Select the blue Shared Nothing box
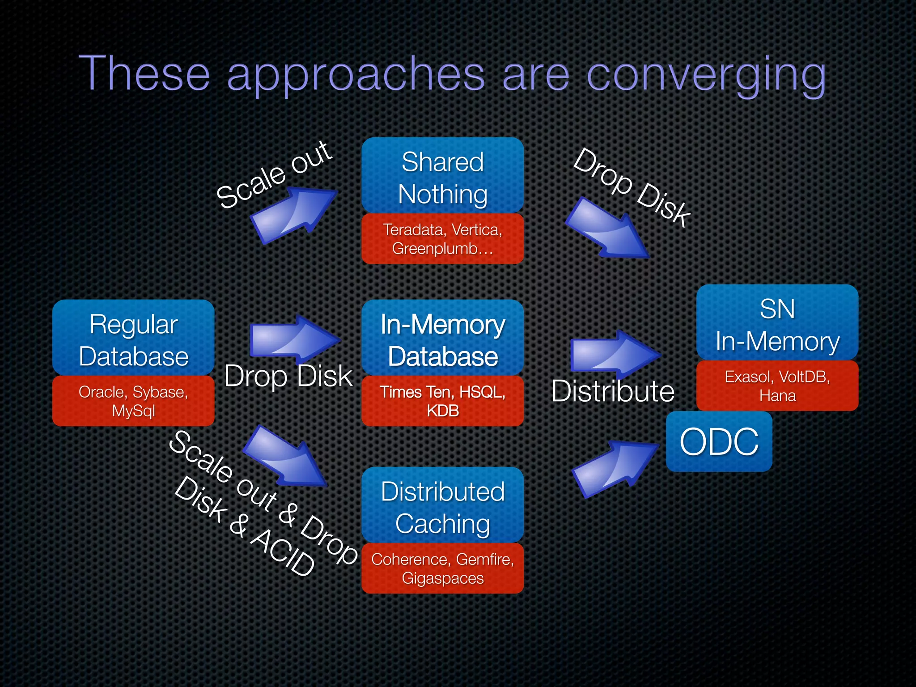coord(442,177)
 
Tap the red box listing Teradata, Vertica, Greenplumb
coord(442,239)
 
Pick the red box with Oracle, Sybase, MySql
coord(133,401)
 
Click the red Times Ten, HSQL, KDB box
coord(442,401)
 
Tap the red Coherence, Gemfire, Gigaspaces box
coord(442,568)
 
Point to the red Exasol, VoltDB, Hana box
coord(777,386)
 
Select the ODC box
coord(719,442)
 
